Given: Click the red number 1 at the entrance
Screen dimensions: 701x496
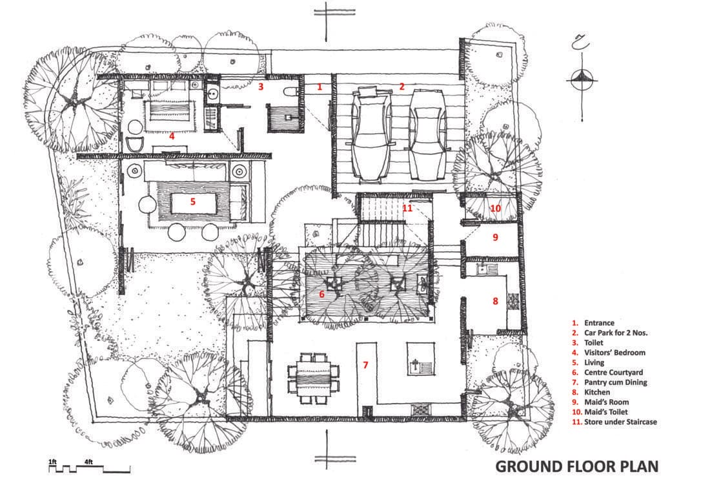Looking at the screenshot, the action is (320, 87).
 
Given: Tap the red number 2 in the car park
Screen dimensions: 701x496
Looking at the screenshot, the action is (401, 87).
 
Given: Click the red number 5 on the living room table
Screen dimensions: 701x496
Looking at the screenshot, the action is (193, 201).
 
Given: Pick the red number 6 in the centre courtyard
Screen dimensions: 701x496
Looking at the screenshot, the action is (321, 294).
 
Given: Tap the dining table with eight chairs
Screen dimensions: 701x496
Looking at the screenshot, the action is (313, 378).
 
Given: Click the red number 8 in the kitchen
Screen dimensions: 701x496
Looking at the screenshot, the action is (495, 301).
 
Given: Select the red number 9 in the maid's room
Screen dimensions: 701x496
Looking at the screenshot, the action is (495, 237).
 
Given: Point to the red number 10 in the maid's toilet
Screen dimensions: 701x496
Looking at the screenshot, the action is (495, 209).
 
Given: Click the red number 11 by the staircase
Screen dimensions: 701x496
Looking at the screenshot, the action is (407, 208).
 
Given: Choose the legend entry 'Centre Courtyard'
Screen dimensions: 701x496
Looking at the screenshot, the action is (613, 372).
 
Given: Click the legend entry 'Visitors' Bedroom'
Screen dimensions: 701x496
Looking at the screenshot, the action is (615, 353).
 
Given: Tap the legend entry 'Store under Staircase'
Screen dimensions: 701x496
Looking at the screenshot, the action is (620, 422).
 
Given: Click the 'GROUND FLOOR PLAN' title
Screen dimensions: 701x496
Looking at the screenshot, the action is (576, 466).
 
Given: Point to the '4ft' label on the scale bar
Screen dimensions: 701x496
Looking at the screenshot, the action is (88, 462).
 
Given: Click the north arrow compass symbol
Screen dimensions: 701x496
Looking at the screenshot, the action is (582, 80).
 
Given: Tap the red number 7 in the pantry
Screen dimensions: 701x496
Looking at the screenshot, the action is (365, 365).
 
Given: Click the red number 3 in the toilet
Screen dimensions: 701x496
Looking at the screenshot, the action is (261, 87).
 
